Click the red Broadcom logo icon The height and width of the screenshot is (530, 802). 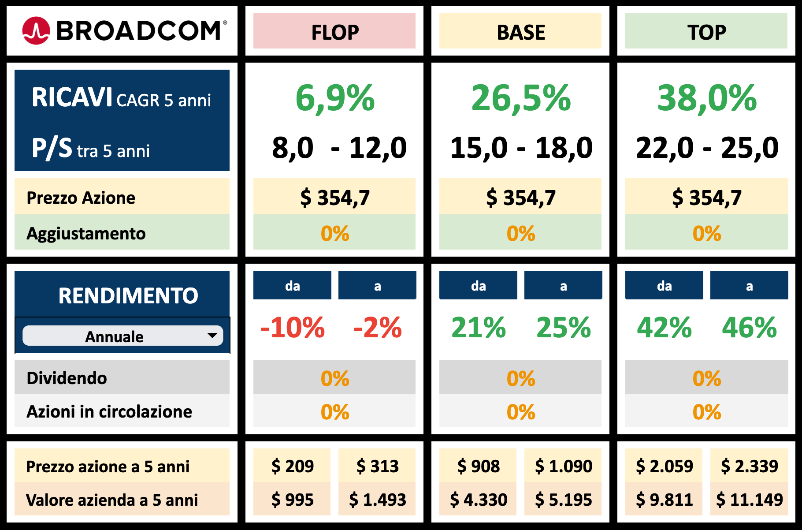36,30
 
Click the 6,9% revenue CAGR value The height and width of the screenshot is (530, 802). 335,97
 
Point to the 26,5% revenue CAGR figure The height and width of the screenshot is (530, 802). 521,97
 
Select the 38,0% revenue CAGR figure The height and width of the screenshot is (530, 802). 707,97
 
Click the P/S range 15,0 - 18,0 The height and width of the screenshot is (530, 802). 521,148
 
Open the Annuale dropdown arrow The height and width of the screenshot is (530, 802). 212,336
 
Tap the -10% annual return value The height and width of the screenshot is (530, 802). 292,328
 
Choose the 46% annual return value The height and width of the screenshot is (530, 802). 749,328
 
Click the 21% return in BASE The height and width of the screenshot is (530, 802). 479,328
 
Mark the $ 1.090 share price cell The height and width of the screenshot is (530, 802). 564,466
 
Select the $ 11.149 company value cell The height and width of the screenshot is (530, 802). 749,499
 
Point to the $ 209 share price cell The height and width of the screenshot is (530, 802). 292,466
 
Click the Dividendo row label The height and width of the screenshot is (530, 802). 67,378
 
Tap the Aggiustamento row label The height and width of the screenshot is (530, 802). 86,233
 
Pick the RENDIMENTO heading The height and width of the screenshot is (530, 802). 128,295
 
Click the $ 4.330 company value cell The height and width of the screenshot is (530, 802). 478,499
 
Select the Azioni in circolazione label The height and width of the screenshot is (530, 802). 109,411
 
